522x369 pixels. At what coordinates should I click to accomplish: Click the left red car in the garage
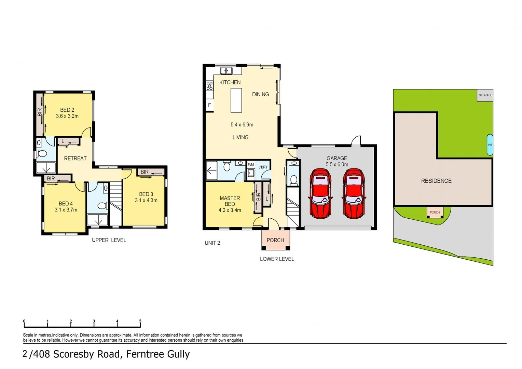tap(320, 193)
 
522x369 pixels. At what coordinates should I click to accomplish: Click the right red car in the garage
tap(353, 193)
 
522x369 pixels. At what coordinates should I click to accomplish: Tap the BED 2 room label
tap(67, 110)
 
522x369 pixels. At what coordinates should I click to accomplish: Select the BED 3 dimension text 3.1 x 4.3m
tap(146, 201)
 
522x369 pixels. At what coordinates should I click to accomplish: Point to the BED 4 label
tap(66, 204)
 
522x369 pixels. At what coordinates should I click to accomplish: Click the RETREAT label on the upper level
tap(75, 159)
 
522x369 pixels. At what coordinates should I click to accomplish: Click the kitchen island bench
tap(236, 100)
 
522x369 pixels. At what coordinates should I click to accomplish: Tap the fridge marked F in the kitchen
tap(209, 105)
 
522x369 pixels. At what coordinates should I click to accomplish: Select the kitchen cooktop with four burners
tap(209, 85)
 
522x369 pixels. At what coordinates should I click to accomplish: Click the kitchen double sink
tap(226, 71)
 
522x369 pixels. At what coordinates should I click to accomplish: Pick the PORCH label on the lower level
tap(275, 240)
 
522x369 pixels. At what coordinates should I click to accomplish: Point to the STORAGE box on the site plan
tap(485, 95)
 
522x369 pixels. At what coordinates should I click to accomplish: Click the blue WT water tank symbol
tap(490, 145)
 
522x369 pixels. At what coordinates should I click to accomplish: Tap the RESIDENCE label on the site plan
tap(436, 181)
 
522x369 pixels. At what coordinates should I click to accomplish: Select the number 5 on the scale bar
tap(140, 321)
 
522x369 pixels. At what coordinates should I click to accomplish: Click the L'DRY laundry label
tap(263, 167)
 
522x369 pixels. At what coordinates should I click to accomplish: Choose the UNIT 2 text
tap(212, 243)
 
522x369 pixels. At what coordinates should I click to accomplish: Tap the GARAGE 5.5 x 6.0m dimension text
tap(337, 164)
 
